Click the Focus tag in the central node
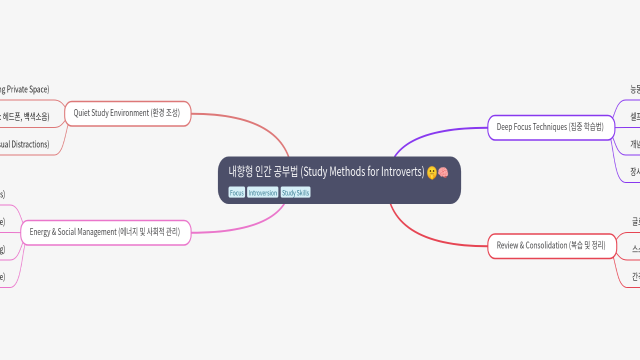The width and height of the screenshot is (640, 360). click(236, 193)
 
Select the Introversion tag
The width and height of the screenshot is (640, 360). click(262, 193)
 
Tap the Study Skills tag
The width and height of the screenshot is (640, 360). click(295, 193)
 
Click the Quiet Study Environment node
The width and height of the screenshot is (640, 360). click(127, 113)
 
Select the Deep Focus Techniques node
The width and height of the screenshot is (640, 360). click(550, 127)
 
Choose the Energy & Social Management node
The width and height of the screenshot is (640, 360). click(105, 232)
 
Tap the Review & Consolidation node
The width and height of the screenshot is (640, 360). click(551, 246)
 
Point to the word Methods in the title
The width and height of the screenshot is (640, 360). click(347, 172)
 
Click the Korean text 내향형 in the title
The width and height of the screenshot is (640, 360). click(240, 172)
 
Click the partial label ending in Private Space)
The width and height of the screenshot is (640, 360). click(25, 90)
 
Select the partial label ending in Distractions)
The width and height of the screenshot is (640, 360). click(25, 144)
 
